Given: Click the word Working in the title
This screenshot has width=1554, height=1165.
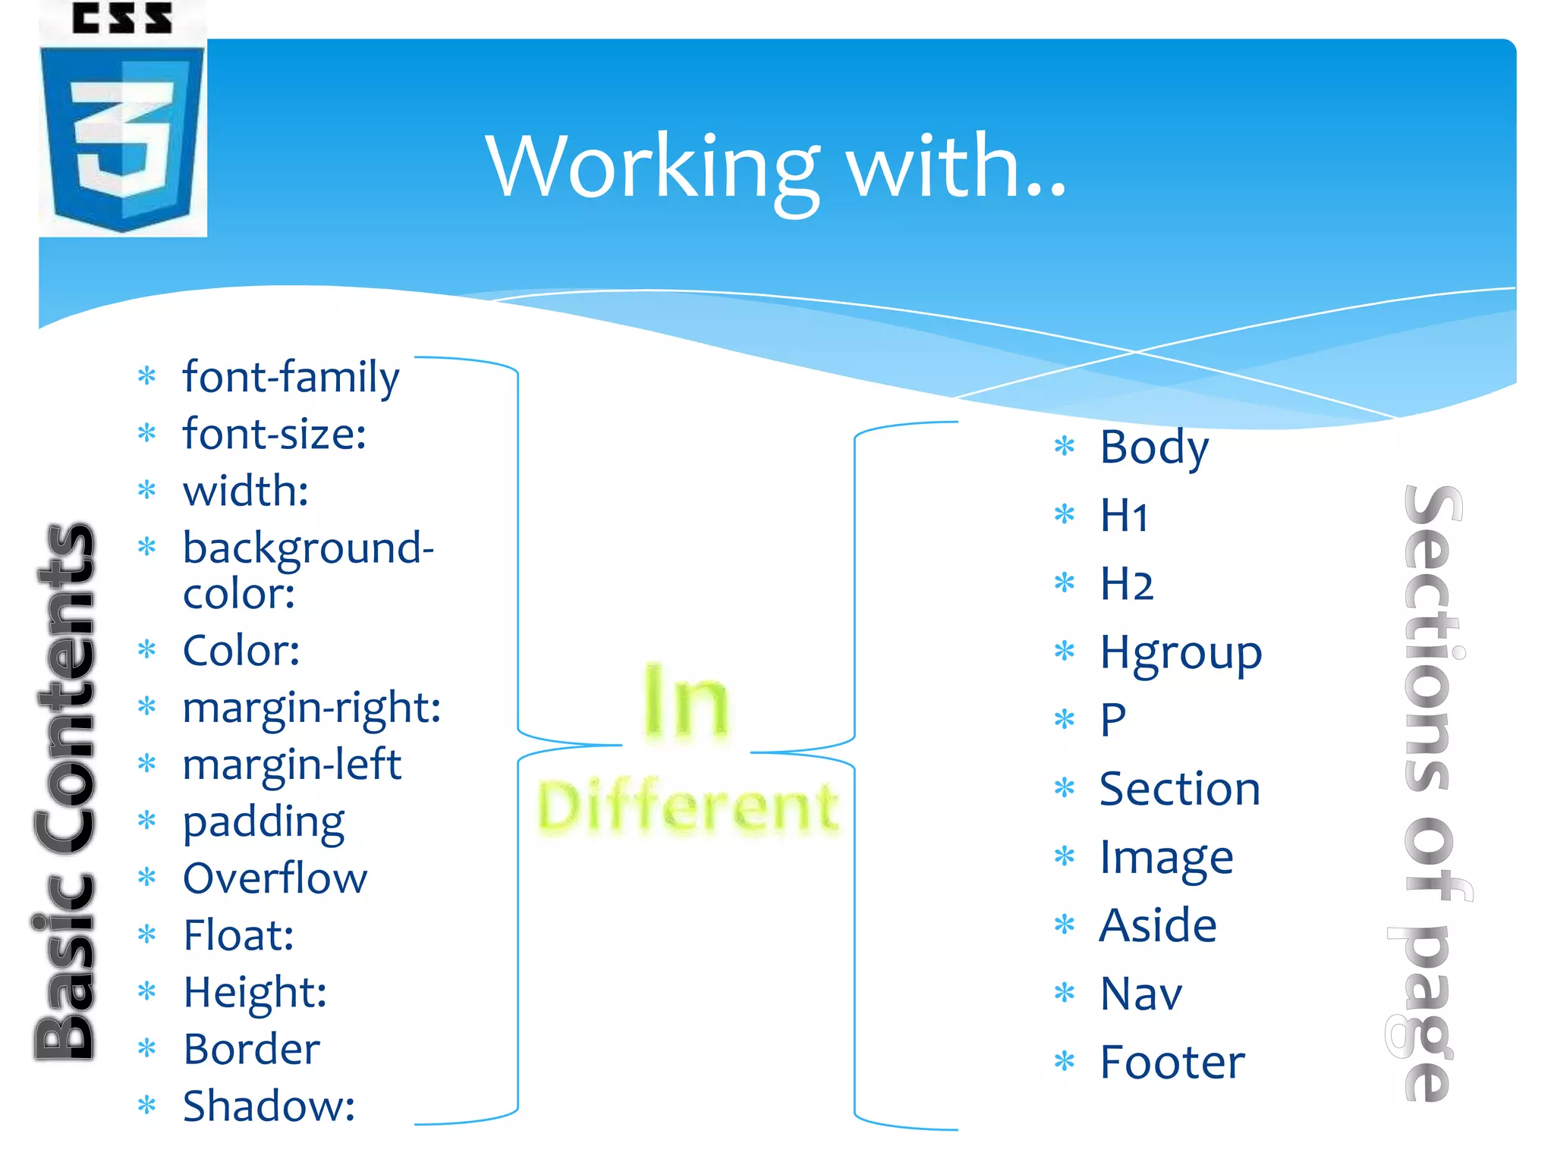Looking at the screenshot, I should pos(653,167).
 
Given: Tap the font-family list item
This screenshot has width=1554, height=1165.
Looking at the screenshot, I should pos(291,377).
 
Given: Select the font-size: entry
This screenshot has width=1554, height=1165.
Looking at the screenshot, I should pos(275,434).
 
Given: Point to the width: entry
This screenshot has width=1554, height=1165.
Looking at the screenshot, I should pos(246,491).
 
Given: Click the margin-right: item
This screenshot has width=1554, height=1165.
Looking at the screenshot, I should pos(312,708).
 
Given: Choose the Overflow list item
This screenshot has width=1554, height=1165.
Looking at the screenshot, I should pos(275,878).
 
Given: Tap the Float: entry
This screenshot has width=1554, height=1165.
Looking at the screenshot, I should pos(238,935).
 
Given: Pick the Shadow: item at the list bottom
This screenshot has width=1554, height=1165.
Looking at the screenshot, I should pos(269,1106).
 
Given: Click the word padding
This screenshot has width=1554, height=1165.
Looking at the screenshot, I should pos(264,822).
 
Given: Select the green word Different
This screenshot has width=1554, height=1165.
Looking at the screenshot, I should pos(687,808).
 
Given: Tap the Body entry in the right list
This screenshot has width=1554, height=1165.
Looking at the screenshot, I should pos(1154,447).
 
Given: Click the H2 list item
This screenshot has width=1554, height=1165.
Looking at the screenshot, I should pos(1127,584).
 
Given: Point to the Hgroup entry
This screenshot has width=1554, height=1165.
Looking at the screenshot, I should pos(1181,653).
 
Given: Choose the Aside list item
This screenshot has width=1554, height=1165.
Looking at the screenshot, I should pos(1158,926).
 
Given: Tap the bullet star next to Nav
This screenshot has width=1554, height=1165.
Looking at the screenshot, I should pos(1065,992).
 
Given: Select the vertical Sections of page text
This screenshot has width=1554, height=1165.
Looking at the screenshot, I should pos(1430,793).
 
